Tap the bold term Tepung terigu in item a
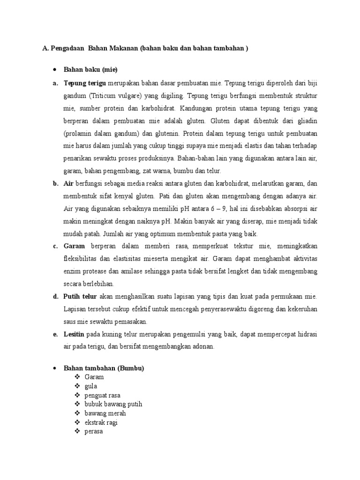pyautogui.click(x=84, y=84)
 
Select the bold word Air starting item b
pyautogui.click(x=68, y=183)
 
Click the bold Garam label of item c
pyautogui.click(x=74, y=246)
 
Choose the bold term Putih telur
pyautogui.click(x=80, y=297)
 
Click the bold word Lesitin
pyautogui.click(x=74, y=334)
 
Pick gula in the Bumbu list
pyautogui.click(x=91, y=386)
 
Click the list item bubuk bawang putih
pyautogui.click(x=113, y=404)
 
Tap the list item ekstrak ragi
pyautogui.click(x=101, y=422)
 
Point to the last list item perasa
pyautogui.click(x=94, y=431)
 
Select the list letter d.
pyautogui.click(x=55, y=297)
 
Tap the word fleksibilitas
pyautogui.click(x=82, y=259)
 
